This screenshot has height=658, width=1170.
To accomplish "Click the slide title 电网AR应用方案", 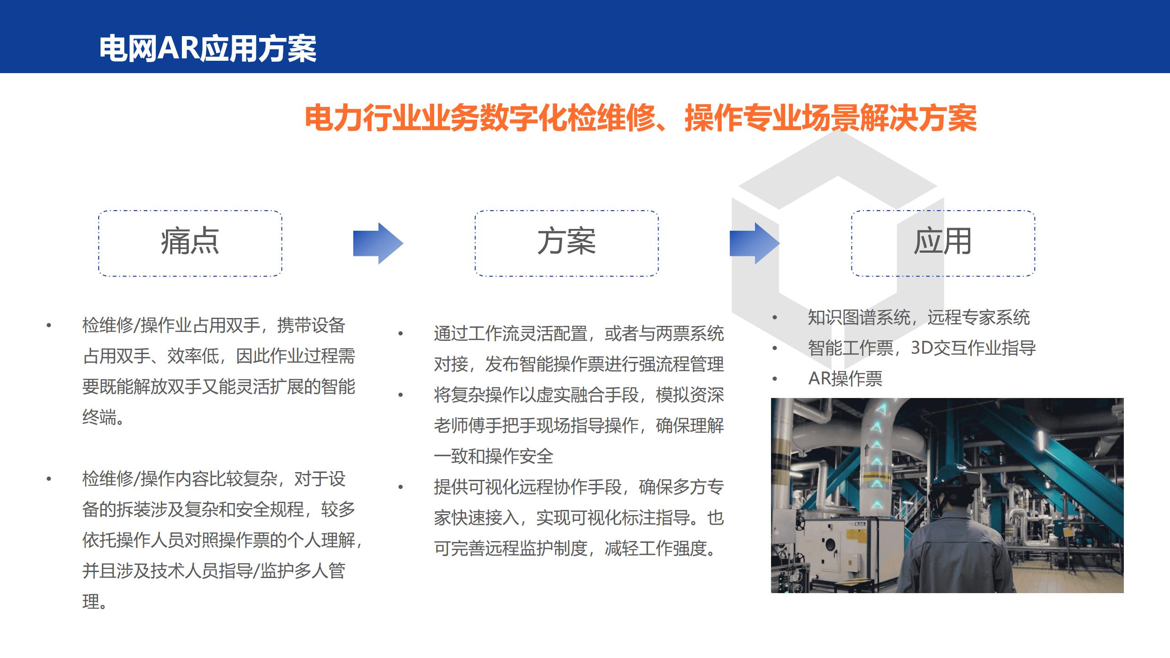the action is pyautogui.click(x=208, y=48).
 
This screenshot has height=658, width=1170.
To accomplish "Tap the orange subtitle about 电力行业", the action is pyautogui.click(x=641, y=118).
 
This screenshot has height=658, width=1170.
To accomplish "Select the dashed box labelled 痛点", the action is pyautogui.click(x=190, y=244).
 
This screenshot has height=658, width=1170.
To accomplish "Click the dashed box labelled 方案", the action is pyautogui.click(x=567, y=244).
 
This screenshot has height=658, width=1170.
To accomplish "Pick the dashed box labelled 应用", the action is pyautogui.click(x=943, y=244).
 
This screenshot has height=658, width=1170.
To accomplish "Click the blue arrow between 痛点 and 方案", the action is pyautogui.click(x=378, y=244).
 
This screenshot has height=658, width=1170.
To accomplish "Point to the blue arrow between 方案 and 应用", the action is pyautogui.click(x=755, y=244).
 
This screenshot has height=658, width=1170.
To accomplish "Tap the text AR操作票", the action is pyautogui.click(x=846, y=379).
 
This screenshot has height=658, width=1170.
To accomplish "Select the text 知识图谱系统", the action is pyautogui.click(x=859, y=318).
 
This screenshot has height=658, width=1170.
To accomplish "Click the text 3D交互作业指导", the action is pyautogui.click(x=973, y=348).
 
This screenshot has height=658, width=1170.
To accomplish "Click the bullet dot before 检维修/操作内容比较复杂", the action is pyautogui.click(x=49, y=479).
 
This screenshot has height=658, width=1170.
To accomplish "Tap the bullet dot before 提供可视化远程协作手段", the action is pyautogui.click(x=401, y=487).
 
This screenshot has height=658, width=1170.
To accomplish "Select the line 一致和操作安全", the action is pyautogui.click(x=494, y=456).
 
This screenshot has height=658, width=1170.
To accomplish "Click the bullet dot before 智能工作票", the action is pyautogui.click(x=775, y=348).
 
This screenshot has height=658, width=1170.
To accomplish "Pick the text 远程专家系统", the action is pyautogui.click(x=979, y=318).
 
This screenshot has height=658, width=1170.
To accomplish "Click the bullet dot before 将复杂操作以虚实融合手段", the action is pyautogui.click(x=401, y=395).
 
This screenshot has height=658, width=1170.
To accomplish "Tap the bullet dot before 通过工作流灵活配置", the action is pyautogui.click(x=401, y=334).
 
